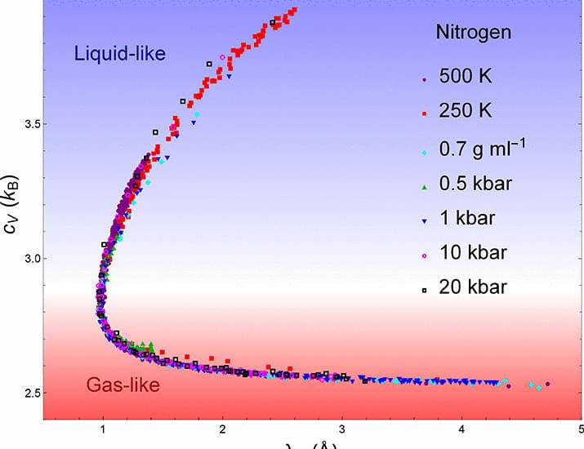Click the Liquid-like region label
click(119, 54)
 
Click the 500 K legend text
click(468, 78)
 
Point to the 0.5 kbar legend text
click(476, 183)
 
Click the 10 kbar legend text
click(473, 252)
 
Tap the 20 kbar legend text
click(474, 287)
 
